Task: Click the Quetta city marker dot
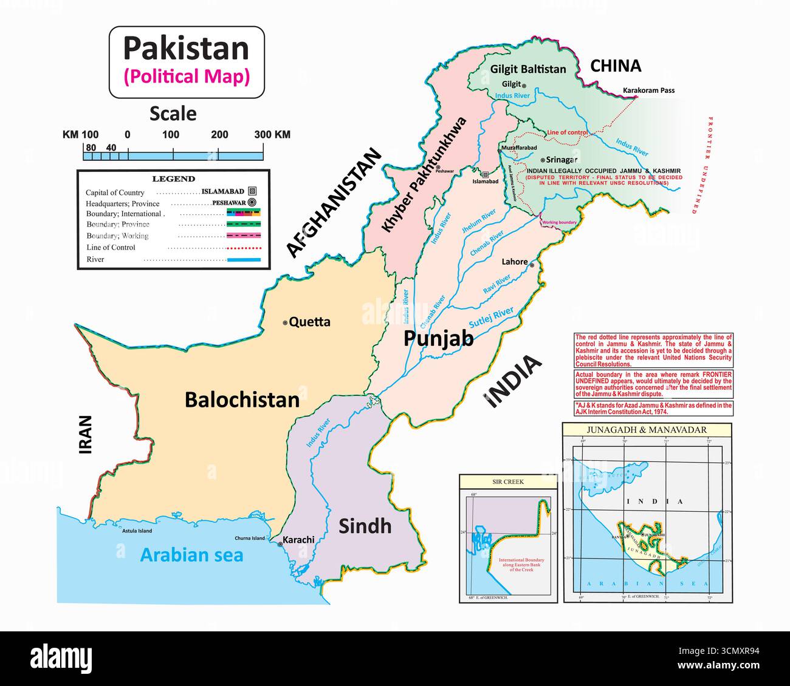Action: [x=285, y=323]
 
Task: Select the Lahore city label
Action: [x=514, y=262]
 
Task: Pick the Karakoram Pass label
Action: [x=648, y=90]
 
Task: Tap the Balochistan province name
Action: [x=242, y=399]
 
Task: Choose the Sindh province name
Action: [x=365, y=526]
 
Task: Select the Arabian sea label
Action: [x=191, y=554]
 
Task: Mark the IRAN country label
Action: [x=85, y=435]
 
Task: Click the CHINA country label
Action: [x=616, y=66]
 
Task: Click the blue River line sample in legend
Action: [x=244, y=260]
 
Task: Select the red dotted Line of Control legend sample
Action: [x=244, y=248]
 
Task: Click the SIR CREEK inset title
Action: [x=507, y=481]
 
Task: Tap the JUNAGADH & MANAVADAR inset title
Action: [x=646, y=430]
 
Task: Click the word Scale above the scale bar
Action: [x=173, y=114]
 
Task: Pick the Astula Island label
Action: [x=136, y=531]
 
